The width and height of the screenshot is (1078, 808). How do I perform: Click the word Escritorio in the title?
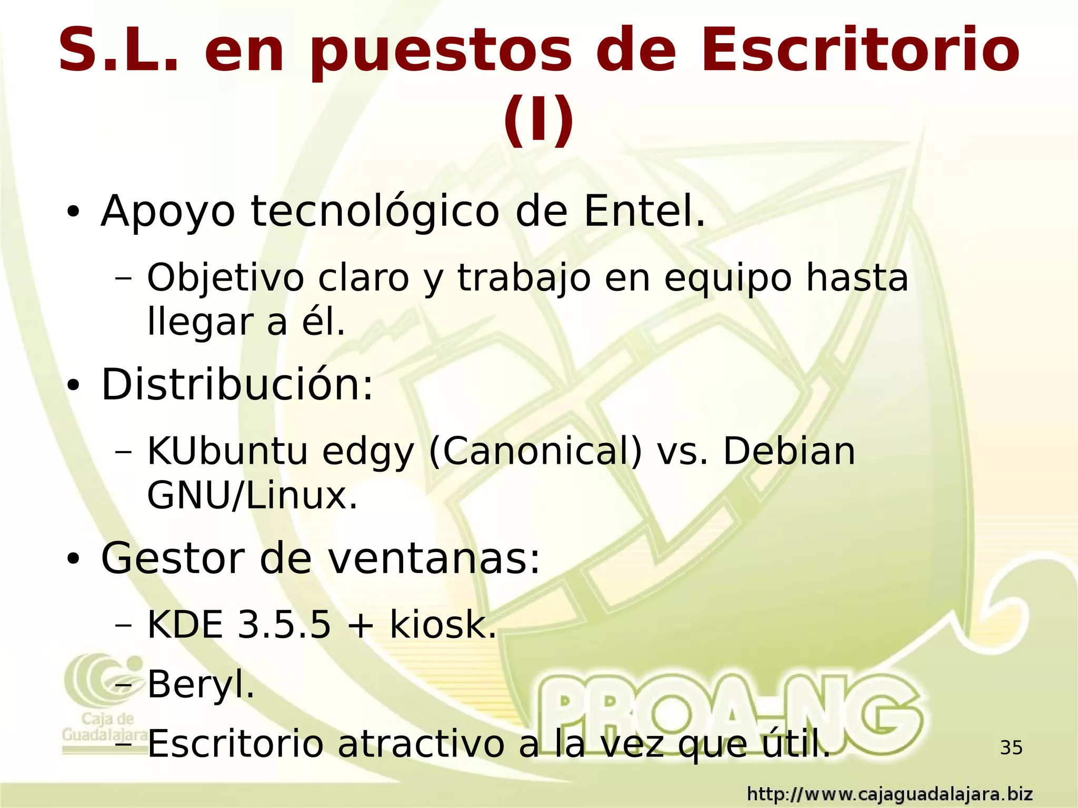pos(860,51)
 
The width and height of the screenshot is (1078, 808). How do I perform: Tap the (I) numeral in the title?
pos(538,119)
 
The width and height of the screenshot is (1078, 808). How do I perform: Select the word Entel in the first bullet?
pos(644,212)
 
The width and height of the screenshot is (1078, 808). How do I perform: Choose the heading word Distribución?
pos(237,385)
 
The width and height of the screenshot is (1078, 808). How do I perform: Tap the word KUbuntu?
pos(227,452)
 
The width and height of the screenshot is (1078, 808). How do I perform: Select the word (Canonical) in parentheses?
pos(535,452)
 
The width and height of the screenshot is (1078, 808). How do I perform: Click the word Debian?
pos(789,452)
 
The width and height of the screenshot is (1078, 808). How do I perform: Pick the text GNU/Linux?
pos(252,496)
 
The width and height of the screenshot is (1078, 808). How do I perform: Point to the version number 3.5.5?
pos(284,625)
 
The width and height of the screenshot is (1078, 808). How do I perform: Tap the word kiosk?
pos(443,625)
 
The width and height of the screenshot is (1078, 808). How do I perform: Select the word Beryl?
pos(201,685)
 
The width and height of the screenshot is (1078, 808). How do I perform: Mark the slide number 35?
pos(1011,747)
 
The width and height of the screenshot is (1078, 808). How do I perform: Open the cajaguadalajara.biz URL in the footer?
pos(890,793)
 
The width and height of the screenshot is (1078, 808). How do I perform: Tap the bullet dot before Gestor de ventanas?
pos(73,560)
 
